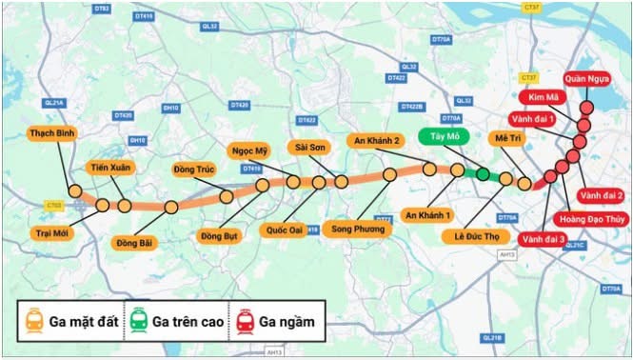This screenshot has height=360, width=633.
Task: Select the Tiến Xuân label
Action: coord(111,168)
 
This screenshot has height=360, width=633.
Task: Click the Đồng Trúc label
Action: coord(196,170)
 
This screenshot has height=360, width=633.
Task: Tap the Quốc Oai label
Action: coord(285,230)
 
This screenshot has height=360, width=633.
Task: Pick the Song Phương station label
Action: coord(358,230)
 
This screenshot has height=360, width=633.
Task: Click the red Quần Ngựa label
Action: coord(585,78)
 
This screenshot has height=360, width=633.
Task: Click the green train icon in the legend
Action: coord(140,322)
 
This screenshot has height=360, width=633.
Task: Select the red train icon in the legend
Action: coord(245,322)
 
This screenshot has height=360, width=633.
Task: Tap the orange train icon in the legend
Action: coord(35,322)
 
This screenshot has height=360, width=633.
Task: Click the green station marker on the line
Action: coord(483,173)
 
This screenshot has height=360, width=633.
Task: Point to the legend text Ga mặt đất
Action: coord(87,322)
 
